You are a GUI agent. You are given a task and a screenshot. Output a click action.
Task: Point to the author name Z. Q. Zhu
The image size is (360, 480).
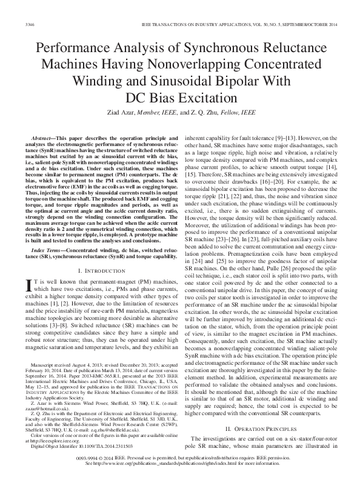point(213,112)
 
